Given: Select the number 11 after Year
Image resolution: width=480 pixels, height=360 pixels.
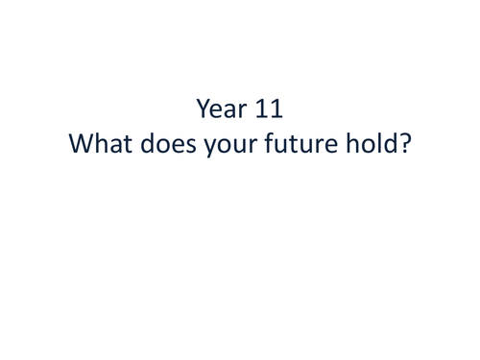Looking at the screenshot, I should click(268, 107).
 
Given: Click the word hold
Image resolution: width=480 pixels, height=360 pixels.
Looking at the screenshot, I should click(376, 148).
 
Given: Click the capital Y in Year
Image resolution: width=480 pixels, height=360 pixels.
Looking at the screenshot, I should click(202, 107).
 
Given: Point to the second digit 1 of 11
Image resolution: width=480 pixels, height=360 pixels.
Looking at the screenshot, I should click(276, 107).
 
